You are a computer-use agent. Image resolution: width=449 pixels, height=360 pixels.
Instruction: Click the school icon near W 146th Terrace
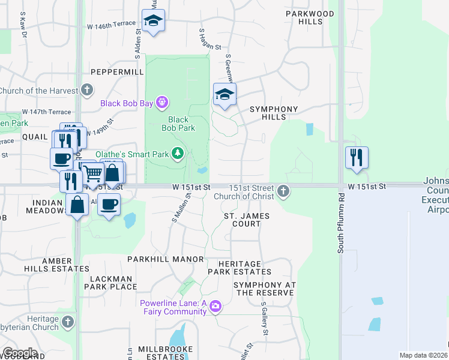pyautogui.click(x=154, y=21)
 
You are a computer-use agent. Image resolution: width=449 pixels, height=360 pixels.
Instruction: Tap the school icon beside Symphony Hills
pyautogui.click(x=224, y=95)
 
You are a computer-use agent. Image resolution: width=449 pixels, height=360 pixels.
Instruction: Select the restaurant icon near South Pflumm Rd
pyautogui.click(x=357, y=158)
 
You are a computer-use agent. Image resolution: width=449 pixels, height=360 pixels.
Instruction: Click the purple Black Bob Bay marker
pyautogui.click(x=161, y=103)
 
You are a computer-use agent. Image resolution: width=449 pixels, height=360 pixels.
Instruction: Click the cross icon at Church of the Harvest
pyautogui.click(x=87, y=91)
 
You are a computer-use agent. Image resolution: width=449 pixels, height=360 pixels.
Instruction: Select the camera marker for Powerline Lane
pyautogui.click(x=215, y=307)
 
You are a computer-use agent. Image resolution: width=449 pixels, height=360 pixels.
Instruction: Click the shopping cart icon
pyautogui.click(x=92, y=174)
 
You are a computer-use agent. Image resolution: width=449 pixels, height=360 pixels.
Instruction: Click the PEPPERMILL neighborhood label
pyautogui.click(x=118, y=71)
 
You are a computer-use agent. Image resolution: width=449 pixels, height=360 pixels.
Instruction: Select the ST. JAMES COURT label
pyautogui.click(x=246, y=220)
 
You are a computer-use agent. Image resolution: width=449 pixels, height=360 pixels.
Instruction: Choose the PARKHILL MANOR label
pyautogui.click(x=166, y=259)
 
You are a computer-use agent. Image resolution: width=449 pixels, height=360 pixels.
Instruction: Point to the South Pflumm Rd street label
pyautogui.click(x=340, y=223)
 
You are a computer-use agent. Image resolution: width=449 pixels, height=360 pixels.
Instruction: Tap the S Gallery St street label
pyautogui.click(x=264, y=319)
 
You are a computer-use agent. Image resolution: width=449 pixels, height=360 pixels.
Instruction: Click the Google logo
pyautogui.click(x=20, y=352)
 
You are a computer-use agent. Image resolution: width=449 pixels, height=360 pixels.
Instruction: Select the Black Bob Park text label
pyautogui.click(x=178, y=124)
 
